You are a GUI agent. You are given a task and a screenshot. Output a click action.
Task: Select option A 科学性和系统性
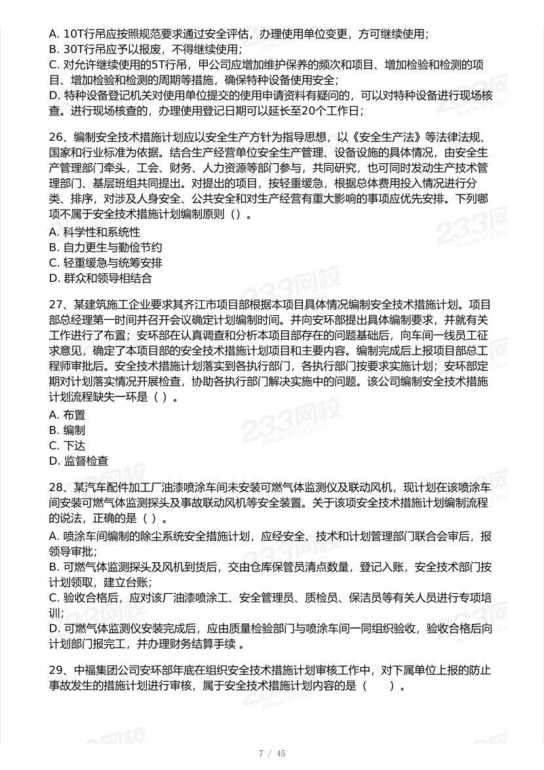pyautogui.click(x=94, y=232)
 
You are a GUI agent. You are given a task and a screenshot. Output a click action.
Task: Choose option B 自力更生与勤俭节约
pyautogui.click(x=105, y=248)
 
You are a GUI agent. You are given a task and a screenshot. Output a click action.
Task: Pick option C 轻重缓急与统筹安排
pyautogui.click(x=105, y=263)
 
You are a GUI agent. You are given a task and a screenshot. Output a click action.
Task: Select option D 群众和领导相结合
pyautogui.click(x=100, y=279)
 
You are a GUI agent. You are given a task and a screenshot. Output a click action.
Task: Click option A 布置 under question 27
pyautogui.click(x=68, y=414)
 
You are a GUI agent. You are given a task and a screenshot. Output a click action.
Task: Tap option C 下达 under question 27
pyautogui.click(x=68, y=445)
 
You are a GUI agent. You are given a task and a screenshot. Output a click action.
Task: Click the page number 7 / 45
pyautogui.click(x=272, y=754)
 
